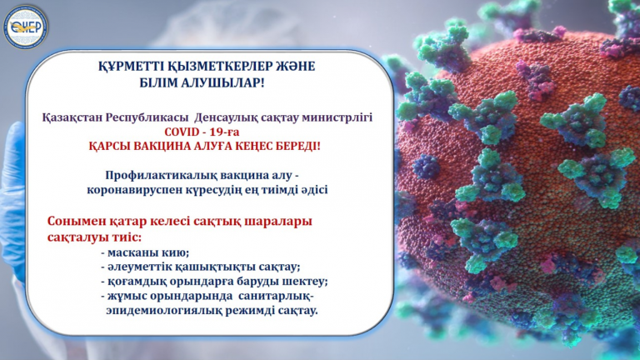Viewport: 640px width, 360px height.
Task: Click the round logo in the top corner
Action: [26, 27]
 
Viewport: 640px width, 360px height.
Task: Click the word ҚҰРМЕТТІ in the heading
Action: [131, 67]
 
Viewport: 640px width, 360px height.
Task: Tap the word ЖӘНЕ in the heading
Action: [293, 67]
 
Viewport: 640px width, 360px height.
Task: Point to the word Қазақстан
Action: [72, 118]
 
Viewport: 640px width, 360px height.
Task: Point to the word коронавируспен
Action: [131, 190]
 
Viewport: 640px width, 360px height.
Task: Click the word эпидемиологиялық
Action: [164, 311]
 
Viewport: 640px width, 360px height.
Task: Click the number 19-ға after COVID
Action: [224, 132]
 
